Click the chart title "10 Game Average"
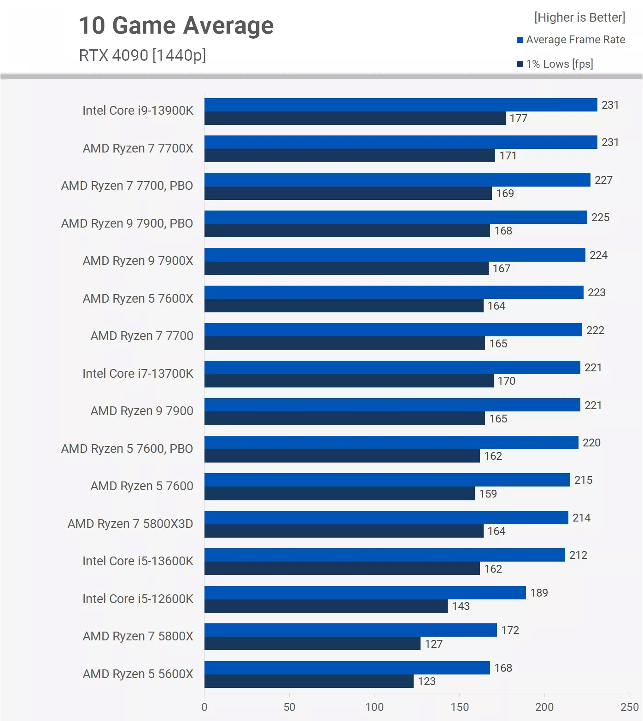pyautogui.click(x=176, y=25)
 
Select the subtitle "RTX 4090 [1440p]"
pyautogui.click(x=142, y=55)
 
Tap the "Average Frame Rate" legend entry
pyautogui.click(x=575, y=40)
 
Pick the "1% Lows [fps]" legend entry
pyautogui.click(x=559, y=64)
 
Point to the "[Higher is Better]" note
pyautogui.click(x=579, y=18)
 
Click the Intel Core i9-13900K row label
pyautogui.click(x=138, y=111)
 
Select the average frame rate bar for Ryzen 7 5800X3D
pyautogui.click(x=386, y=517)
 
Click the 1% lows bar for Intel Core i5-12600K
pyautogui.click(x=326, y=606)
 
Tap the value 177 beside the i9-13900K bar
pyautogui.click(x=518, y=118)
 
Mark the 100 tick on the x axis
pyautogui.click(x=374, y=707)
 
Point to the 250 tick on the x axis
pyautogui.click(x=629, y=707)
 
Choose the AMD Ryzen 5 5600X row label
pyautogui.click(x=138, y=674)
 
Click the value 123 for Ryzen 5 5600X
pyautogui.click(x=427, y=681)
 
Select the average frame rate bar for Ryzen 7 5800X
pyautogui.click(x=351, y=630)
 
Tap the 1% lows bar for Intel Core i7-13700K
pyautogui.click(x=349, y=381)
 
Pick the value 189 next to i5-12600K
pyautogui.click(x=539, y=593)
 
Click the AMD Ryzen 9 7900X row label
pyautogui.click(x=138, y=261)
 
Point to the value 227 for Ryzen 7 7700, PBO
pyautogui.click(x=603, y=180)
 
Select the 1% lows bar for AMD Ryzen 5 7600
pyautogui.click(x=339, y=493)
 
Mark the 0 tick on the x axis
pyautogui.click(x=205, y=707)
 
